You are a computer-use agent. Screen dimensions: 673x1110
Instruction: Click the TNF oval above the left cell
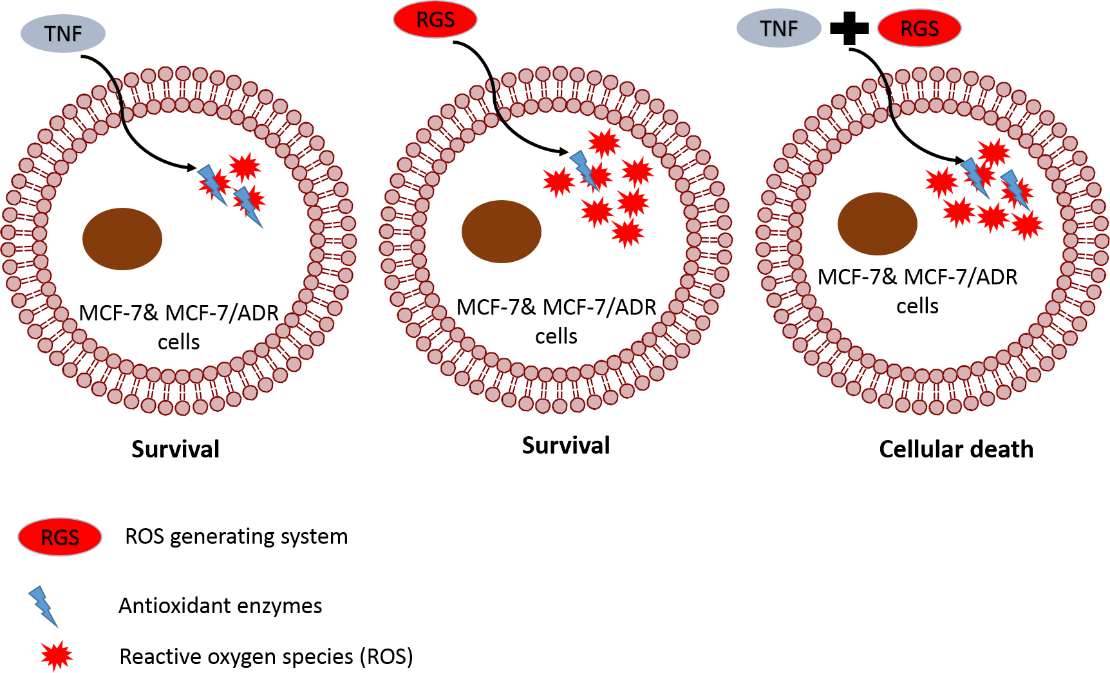pos(63,33)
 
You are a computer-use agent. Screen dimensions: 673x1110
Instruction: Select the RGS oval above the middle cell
pos(435,20)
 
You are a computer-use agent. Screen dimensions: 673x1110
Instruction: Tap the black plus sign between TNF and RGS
pos(849,28)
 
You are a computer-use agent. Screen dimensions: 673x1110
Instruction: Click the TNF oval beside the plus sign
pos(778,29)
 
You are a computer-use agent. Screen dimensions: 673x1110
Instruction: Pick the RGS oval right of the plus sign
pos(919,29)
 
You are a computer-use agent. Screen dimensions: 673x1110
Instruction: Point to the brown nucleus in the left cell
pos(122,239)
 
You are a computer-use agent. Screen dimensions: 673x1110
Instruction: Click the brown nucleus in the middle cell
pos(502,232)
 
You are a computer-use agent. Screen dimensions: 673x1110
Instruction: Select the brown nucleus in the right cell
pos(878,224)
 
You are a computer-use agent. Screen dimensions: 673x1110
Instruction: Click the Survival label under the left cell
pos(175,449)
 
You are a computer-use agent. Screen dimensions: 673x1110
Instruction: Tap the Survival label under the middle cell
pos(566,445)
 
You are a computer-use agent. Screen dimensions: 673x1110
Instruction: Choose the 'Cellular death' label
pos(956,449)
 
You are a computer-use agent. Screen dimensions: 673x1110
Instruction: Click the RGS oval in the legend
pos(60,537)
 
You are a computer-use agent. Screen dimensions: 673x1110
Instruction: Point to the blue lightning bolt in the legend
pos(43,605)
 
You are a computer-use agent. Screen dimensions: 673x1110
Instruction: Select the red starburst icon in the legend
pos(57,656)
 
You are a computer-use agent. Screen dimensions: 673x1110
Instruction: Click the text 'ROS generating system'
pos(236,537)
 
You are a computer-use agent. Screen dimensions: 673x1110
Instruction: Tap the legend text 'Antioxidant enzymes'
pos(220,606)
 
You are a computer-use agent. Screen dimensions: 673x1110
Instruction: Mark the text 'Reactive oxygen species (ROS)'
pos(266,657)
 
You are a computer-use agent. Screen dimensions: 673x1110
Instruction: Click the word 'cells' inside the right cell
pos(917,306)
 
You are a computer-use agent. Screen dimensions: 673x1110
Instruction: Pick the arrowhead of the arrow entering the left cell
pos(193,169)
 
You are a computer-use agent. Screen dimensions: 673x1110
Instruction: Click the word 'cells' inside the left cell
pos(179,342)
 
